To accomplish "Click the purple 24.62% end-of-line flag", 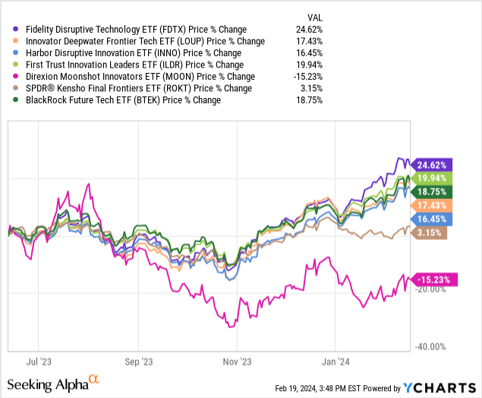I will (x=433, y=164).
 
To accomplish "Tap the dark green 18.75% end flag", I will (x=433, y=192).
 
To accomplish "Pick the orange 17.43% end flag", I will (x=433, y=206).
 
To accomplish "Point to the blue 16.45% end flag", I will (x=433, y=220).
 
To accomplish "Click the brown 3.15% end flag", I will (x=431, y=234).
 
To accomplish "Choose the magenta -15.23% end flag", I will (x=435, y=280).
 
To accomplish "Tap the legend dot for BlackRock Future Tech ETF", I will (x=8, y=99).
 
